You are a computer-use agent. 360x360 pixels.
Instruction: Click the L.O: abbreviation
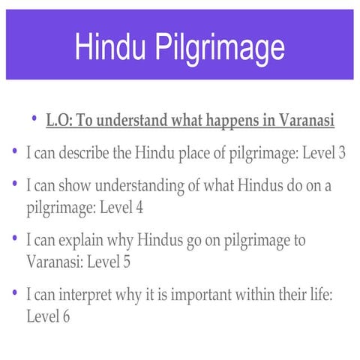[58, 121]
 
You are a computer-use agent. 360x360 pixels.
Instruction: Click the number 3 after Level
[341, 153]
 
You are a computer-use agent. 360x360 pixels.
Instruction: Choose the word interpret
[89, 295]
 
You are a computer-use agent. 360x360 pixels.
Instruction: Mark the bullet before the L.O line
[34, 119]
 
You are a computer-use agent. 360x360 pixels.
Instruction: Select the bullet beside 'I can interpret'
[15, 294]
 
